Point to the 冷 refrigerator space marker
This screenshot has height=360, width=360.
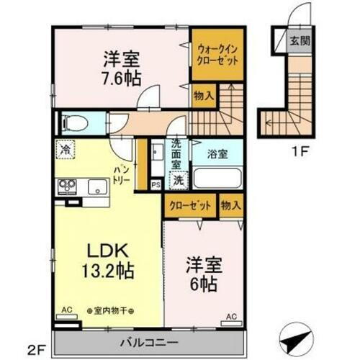pos(66,150)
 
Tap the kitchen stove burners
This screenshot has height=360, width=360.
pos(68,186)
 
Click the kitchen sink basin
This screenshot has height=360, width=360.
pos(96,188)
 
